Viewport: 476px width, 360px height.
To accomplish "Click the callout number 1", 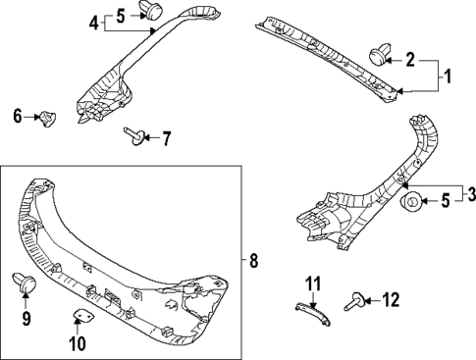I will pyautogui.click(x=448, y=76).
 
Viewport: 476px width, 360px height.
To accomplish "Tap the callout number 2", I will pyautogui.click(x=411, y=60).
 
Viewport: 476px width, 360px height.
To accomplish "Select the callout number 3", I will pyautogui.click(x=469, y=191).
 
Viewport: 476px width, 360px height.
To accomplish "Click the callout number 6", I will pyautogui.click(x=17, y=117).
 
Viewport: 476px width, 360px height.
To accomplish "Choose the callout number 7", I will pyautogui.click(x=165, y=138).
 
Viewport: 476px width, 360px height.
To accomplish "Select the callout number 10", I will pyautogui.click(x=78, y=343).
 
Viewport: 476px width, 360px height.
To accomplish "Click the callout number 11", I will pyautogui.click(x=312, y=285).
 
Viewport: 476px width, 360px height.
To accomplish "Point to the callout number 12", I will pyautogui.click(x=392, y=299).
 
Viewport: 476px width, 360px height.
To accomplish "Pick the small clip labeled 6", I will pyautogui.click(x=45, y=118).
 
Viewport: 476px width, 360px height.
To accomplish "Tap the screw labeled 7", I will pyautogui.click(x=132, y=137).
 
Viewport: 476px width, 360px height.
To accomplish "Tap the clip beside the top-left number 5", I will pyautogui.click(x=151, y=11).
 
